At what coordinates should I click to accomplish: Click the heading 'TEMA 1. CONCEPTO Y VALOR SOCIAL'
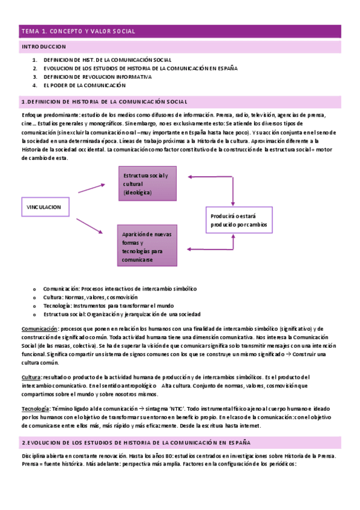(79, 31)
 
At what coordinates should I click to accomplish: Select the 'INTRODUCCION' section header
(44, 46)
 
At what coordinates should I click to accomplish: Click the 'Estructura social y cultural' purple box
(147, 183)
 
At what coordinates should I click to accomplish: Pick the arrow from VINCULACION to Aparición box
(91, 226)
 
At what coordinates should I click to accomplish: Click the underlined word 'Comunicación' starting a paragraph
(39, 329)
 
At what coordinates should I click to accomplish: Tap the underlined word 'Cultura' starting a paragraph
(31, 376)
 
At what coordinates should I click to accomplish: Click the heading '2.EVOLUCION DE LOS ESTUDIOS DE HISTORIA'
(132, 442)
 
